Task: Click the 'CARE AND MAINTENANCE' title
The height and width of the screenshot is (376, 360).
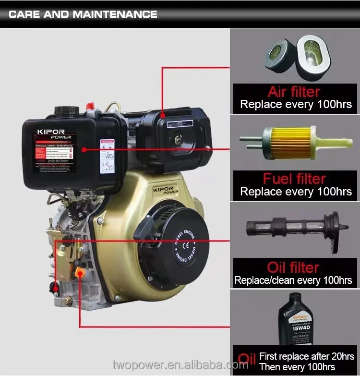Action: (x=83, y=14)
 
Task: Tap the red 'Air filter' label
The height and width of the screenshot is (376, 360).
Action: (x=294, y=91)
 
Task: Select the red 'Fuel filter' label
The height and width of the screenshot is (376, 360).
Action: (x=294, y=179)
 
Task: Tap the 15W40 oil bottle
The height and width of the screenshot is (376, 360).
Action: (x=295, y=320)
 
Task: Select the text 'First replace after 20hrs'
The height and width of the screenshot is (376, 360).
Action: (x=306, y=356)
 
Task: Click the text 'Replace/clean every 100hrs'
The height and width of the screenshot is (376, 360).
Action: (x=293, y=280)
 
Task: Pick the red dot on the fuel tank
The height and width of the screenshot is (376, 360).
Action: (x=84, y=150)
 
